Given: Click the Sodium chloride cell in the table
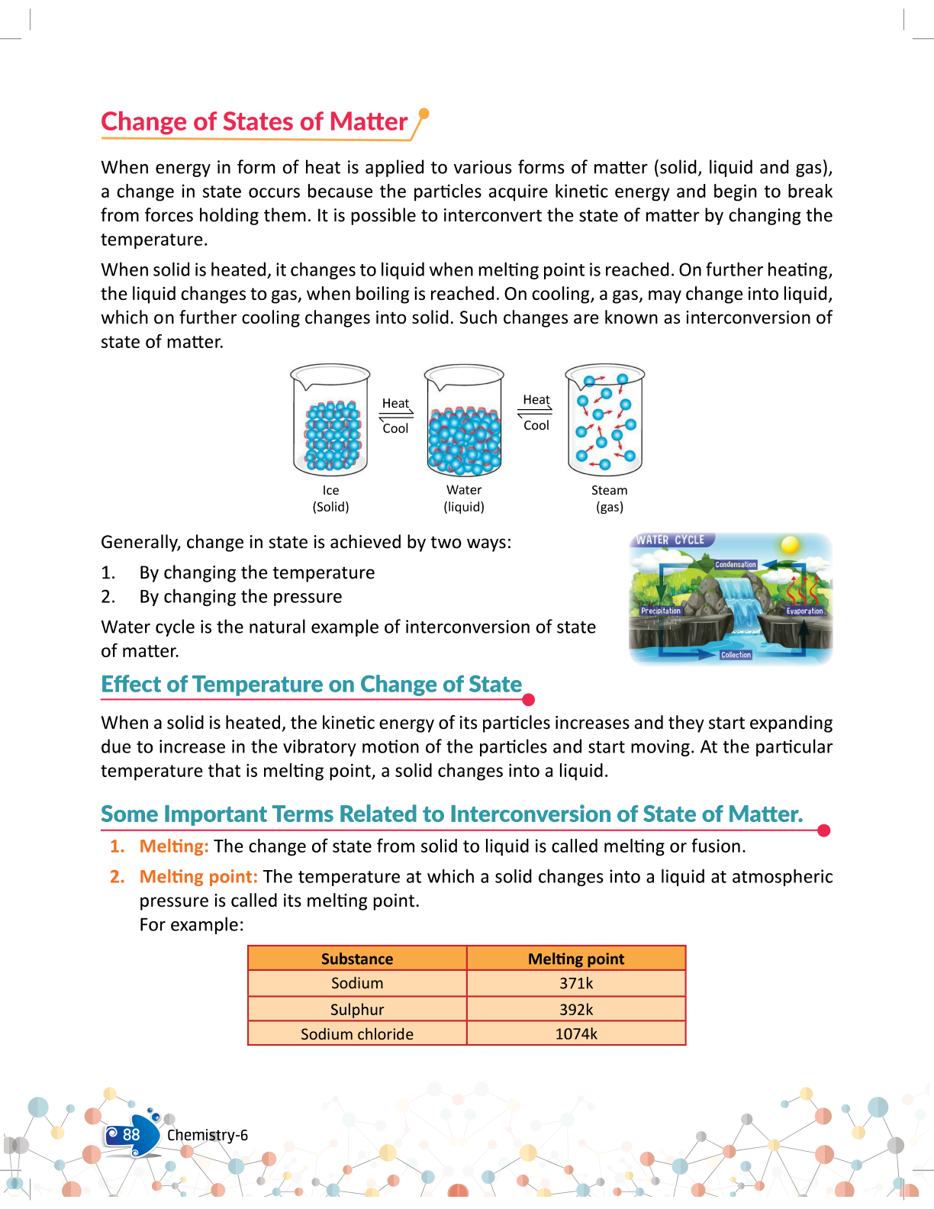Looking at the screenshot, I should click(x=357, y=1034).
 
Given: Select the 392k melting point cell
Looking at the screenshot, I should click(x=576, y=1009).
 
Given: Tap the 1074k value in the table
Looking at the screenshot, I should click(x=576, y=1034).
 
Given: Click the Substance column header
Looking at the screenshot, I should click(x=357, y=959).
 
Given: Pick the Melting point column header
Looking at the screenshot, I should click(x=576, y=959).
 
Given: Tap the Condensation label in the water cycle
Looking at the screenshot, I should click(x=736, y=565).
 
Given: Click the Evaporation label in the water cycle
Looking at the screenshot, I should click(x=805, y=611).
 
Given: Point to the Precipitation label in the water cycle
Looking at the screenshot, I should click(x=661, y=611).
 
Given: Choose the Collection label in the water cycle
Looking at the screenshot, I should click(x=736, y=655).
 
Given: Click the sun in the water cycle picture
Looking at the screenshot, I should click(x=790, y=544).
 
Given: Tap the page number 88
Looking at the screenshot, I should click(x=131, y=1135).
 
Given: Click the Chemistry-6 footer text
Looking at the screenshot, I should click(x=208, y=1135).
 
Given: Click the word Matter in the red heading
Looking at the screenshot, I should click(x=369, y=122).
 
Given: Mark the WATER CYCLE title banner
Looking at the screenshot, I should click(x=671, y=540).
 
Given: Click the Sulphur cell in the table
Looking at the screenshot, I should click(x=357, y=1009).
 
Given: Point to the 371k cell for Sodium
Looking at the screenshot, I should click(x=576, y=983).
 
